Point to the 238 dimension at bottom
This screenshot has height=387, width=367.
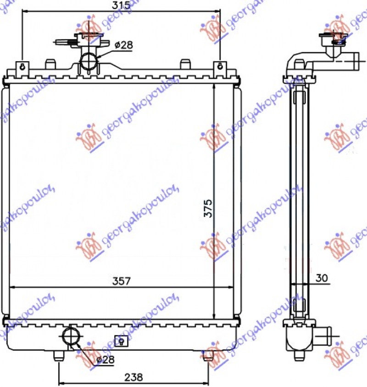133,377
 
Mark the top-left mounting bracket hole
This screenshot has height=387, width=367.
22,66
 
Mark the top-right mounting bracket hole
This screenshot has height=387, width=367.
221,66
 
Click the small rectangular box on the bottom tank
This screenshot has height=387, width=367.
122,341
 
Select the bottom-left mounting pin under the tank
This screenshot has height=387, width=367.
58,355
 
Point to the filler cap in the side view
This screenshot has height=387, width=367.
333,39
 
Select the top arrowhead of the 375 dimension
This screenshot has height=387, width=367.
214,87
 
